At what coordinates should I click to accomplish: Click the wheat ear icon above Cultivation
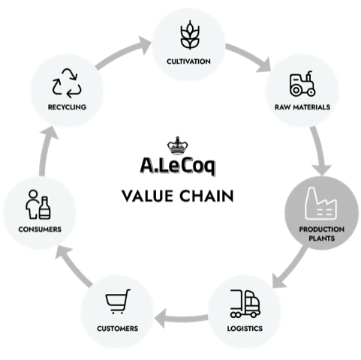pos(190,35)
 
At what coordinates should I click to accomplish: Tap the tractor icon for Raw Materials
pos(302,84)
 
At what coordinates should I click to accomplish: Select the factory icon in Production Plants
pos(320,203)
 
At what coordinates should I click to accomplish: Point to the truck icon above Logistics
pos(245,304)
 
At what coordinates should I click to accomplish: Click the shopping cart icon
pos(118,301)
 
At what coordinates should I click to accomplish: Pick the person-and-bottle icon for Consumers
pos(38,205)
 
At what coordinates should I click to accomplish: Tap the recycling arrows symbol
pos(67,83)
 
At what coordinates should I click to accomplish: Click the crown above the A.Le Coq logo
pos(177,145)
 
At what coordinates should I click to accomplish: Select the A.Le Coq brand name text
pos(178,166)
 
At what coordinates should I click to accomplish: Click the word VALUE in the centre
pos(147,196)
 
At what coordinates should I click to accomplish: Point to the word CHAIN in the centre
pos(206,196)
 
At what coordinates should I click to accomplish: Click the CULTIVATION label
pos(188,61)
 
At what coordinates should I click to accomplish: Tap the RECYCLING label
pos(67,107)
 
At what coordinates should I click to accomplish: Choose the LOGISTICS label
pos(245,328)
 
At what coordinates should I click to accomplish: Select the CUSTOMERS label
pos(118,328)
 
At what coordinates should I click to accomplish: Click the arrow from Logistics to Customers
pos(182,318)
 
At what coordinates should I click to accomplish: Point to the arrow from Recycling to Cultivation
pos(122,52)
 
